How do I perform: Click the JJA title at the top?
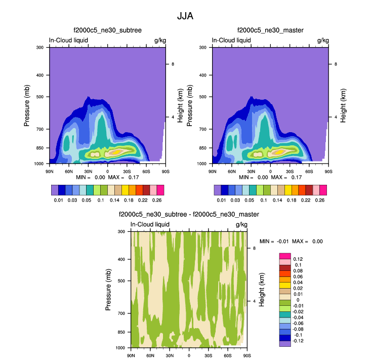tap(185, 16)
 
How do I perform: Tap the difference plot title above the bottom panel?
tap(189, 215)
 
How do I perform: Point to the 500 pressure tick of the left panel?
tap(42, 97)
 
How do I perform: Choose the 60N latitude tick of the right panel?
tap(231, 171)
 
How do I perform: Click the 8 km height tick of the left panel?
tap(173, 64)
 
